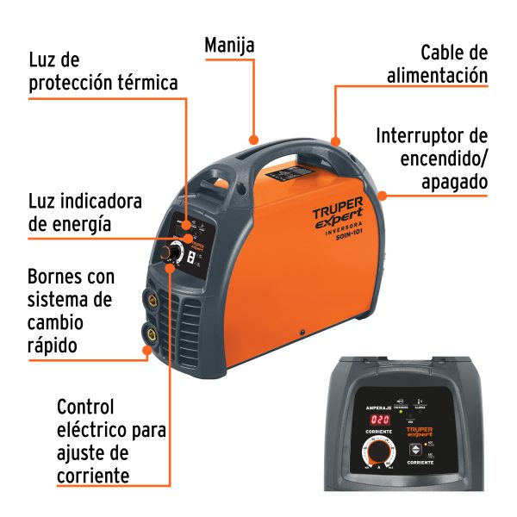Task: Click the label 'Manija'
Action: point(229,46)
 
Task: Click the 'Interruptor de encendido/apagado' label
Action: point(432,159)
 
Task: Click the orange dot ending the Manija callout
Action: point(253,138)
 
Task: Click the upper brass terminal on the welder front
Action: point(152,301)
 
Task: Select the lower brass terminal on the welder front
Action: point(153,333)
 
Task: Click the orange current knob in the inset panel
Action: point(378,453)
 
